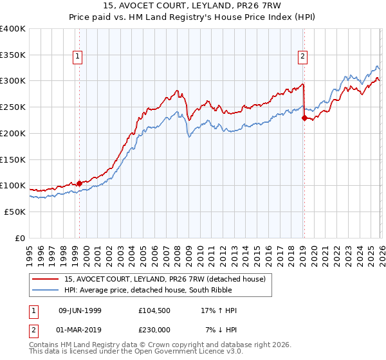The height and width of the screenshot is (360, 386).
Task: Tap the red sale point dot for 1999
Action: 79,183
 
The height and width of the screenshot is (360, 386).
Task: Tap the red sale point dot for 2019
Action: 304,117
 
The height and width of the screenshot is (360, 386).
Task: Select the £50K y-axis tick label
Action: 15,212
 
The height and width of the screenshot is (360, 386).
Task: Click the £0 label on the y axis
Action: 21,238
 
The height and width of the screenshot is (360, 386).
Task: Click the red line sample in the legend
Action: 45,278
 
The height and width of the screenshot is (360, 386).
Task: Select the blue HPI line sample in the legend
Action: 45,290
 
